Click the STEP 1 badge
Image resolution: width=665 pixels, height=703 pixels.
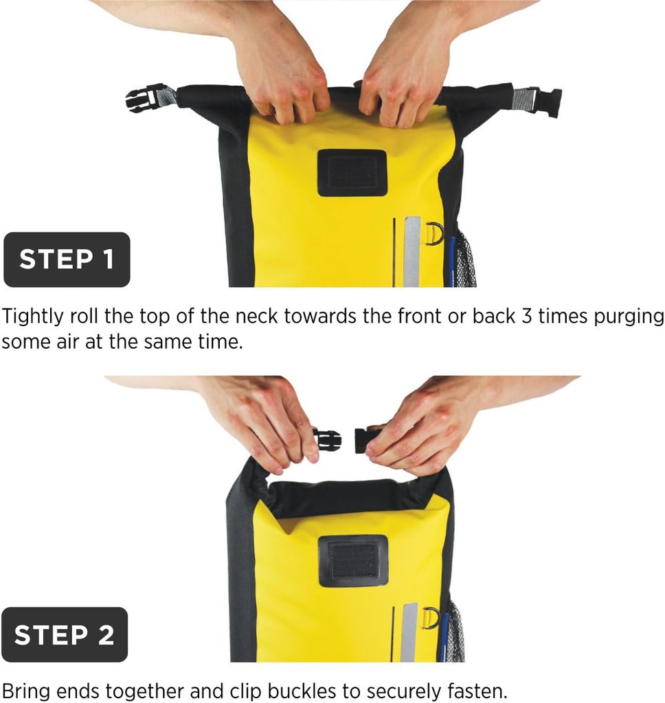(x=67, y=260)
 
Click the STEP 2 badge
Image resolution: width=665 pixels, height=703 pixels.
(x=65, y=635)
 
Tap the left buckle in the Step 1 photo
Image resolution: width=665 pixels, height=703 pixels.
(x=142, y=99)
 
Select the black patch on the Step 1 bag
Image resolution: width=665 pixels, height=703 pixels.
(x=352, y=172)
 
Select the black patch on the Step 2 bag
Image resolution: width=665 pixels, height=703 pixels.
(x=353, y=560)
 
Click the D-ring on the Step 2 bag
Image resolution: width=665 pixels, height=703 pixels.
(x=430, y=618)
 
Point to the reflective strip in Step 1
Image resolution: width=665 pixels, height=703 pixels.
(x=412, y=251)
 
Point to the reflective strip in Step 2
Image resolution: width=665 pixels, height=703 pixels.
(x=409, y=632)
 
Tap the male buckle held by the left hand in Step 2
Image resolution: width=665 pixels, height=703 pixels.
(x=328, y=439)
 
